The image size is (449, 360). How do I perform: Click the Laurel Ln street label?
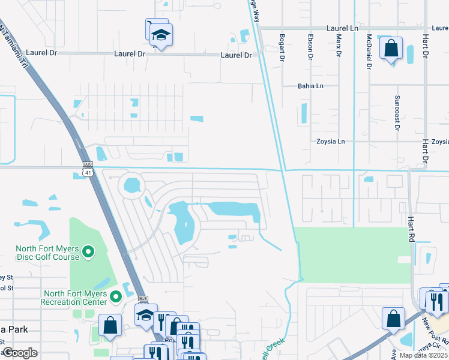pyautogui.click(x=343, y=28)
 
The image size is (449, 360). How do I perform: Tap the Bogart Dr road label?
pyautogui.click(x=281, y=47)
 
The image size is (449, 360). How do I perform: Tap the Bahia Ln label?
pyautogui.click(x=310, y=86)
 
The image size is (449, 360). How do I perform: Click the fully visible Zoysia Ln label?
pyautogui.click(x=331, y=142)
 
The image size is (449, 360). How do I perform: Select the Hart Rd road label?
pyautogui.click(x=412, y=230)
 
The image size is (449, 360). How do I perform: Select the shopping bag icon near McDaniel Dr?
pyautogui.click(x=391, y=50)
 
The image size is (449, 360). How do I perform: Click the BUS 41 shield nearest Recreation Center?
pyautogui.click(x=143, y=298)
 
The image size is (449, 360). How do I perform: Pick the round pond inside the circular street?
pyautogui.click(x=131, y=185)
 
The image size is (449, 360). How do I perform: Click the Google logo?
pyautogui.click(x=20, y=353)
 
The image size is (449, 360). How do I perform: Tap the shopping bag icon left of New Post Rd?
pyautogui.click(x=394, y=319)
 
